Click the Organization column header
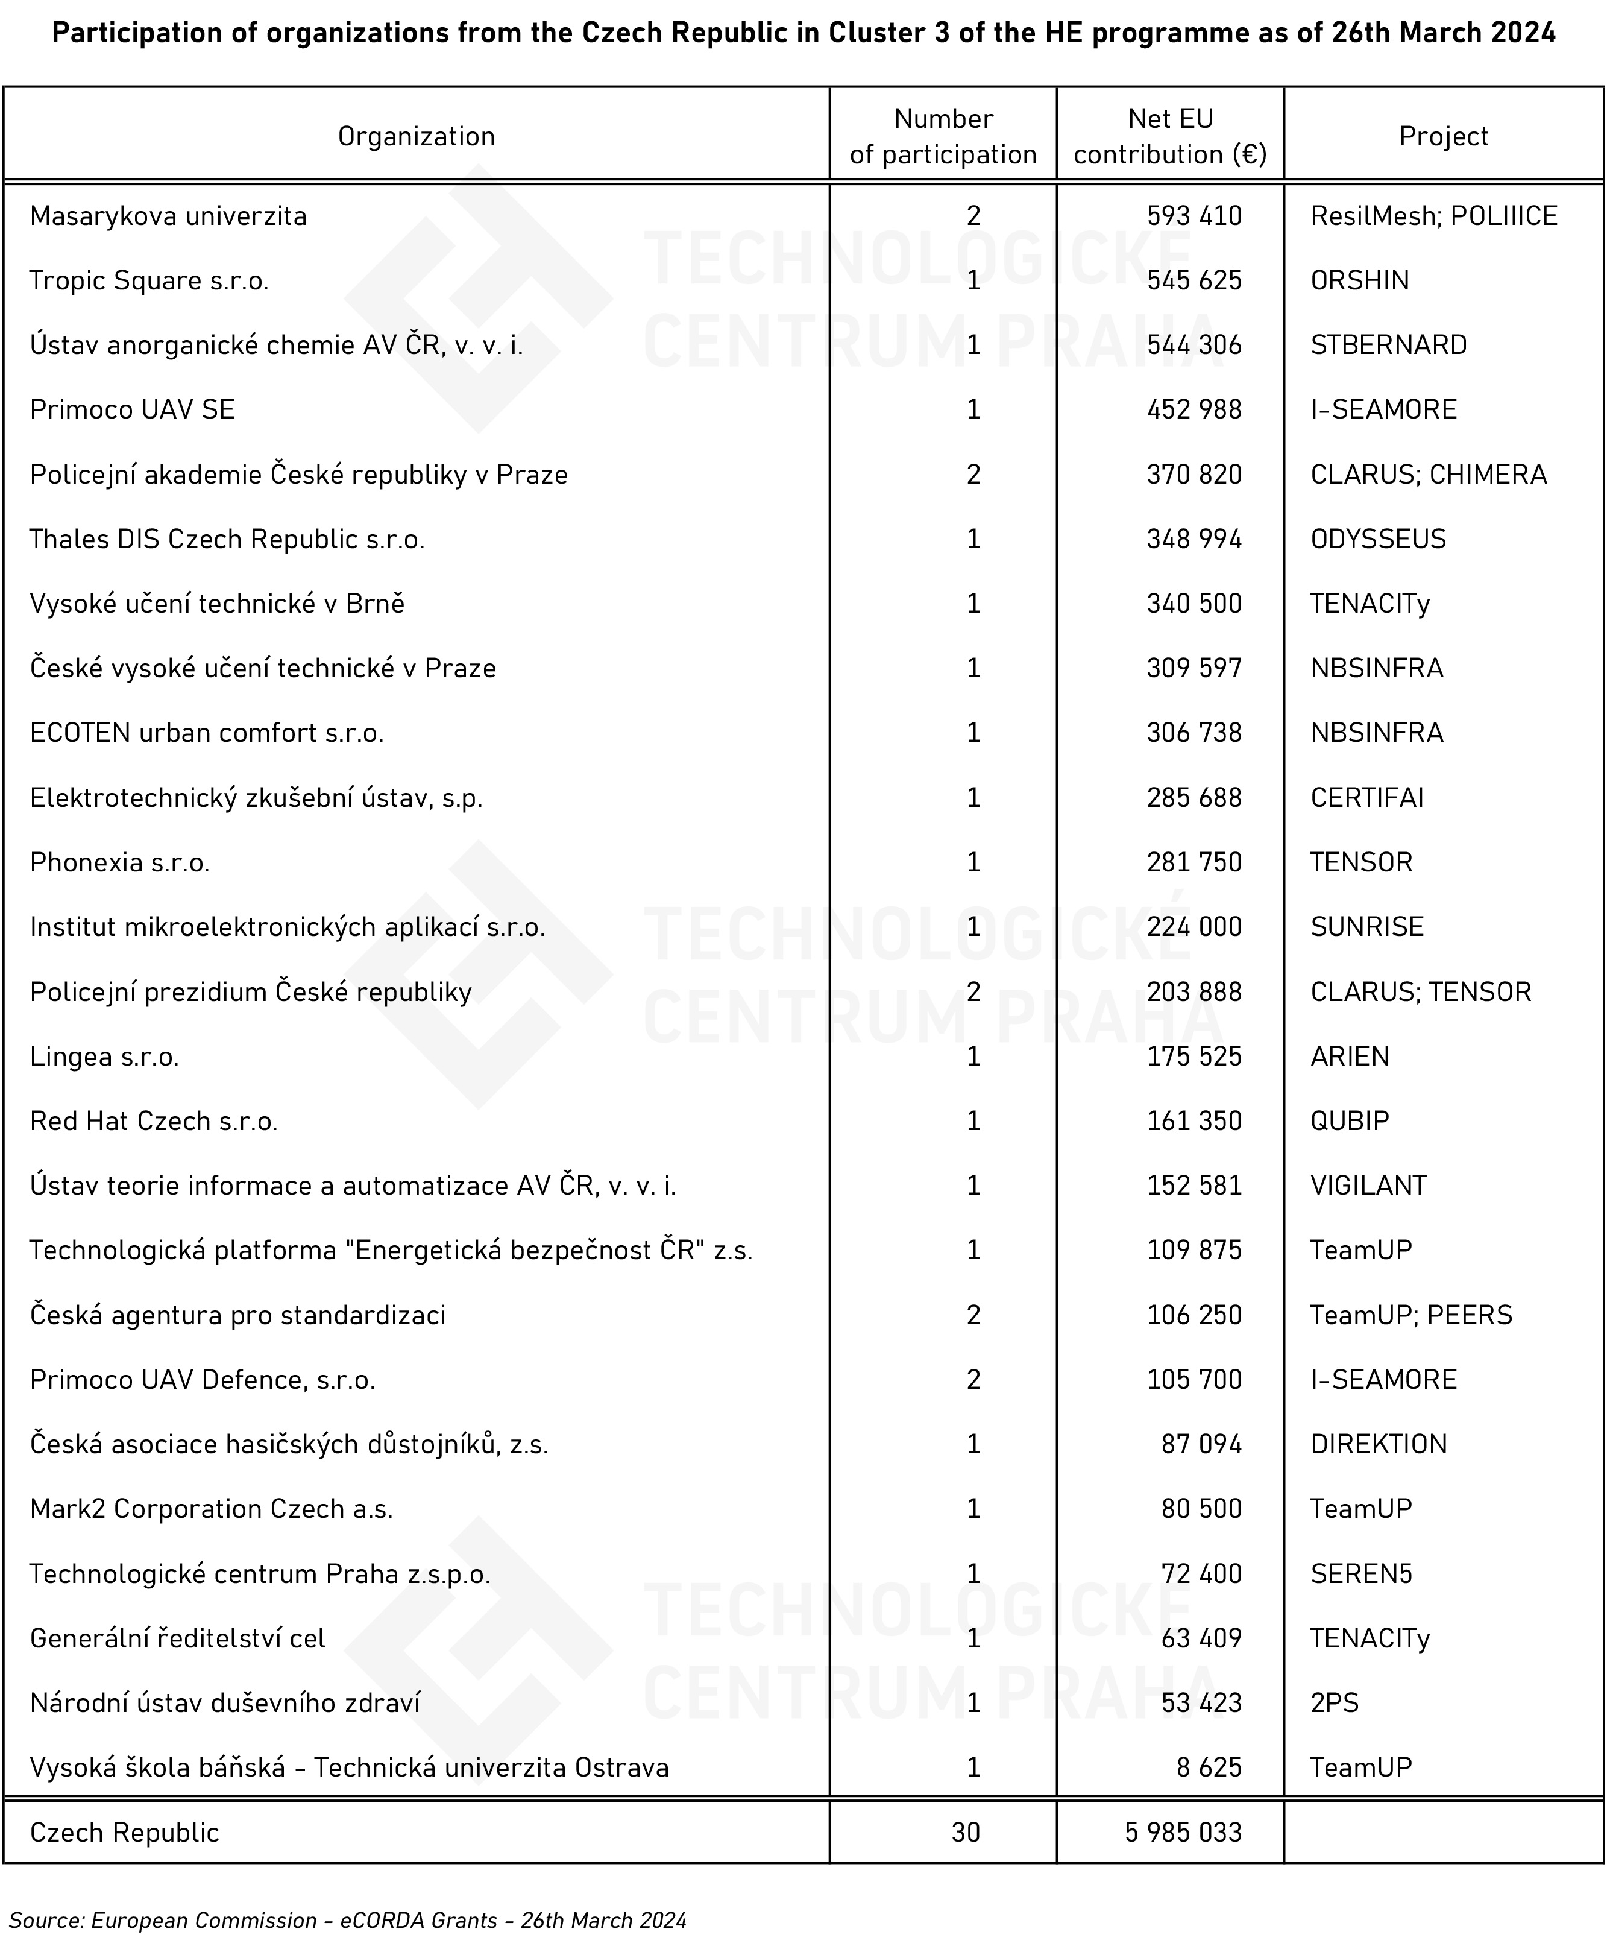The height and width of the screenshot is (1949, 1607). tap(416, 136)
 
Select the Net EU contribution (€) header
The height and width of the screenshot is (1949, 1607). tap(1170, 136)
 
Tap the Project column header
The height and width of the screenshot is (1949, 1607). tap(1443, 136)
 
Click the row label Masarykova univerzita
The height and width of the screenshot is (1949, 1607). tap(169, 216)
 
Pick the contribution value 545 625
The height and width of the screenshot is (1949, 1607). tap(1193, 280)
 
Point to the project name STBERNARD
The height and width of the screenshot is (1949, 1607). tap(1389, 346)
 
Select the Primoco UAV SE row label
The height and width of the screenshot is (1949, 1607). tap(133, 409)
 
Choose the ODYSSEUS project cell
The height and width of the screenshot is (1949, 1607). tap(1377, 539)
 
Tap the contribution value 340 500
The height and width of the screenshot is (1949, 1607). tap(1193, 604)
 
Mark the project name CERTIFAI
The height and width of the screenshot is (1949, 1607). tap(1366, 797)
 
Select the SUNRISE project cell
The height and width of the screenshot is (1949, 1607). tap(1366, 927)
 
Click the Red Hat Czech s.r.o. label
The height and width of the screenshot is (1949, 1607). tap(154, 1121)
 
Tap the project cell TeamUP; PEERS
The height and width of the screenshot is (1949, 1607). tap(1410, 1315)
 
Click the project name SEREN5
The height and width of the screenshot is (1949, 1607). tap(1361, 1574)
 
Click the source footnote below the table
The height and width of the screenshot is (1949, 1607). tap(348, 1920)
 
